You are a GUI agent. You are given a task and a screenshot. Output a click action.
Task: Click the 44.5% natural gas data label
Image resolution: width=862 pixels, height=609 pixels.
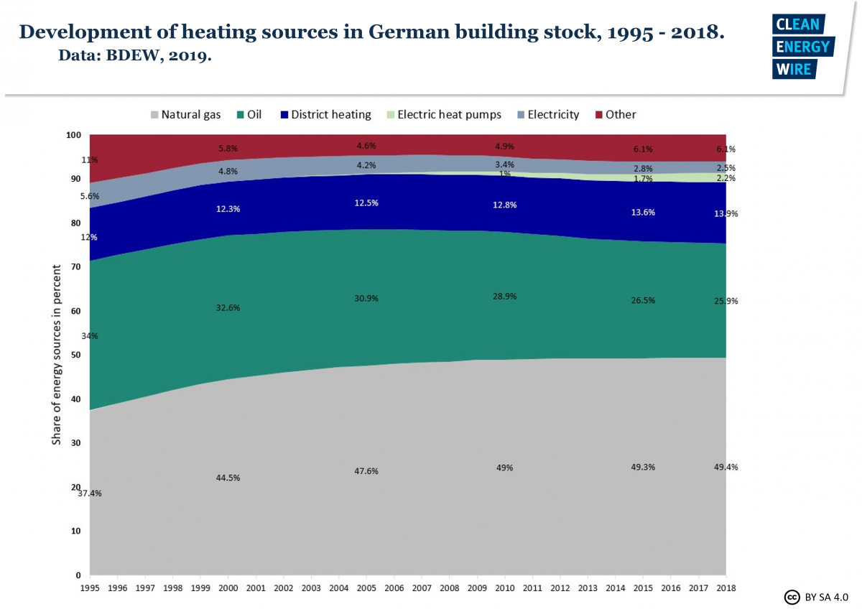pyautogui.click(x=228, y=478)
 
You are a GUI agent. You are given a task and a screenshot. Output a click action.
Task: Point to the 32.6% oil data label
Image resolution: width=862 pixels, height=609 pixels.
pyautogui.click(x=228, y=307)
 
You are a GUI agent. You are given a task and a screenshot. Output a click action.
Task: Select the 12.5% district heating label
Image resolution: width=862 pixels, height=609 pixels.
pyautogui.click(x=366, y=203)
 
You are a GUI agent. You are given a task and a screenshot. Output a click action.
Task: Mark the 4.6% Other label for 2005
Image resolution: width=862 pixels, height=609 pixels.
pyautogui.click(x=366, y=146)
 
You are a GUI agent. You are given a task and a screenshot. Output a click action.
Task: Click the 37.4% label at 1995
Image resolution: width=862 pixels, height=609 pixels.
pyautogui.click(x=90, y=493)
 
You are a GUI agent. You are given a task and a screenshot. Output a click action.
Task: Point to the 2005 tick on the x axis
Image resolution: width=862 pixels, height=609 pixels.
pyautogui.click(x=366, y=587)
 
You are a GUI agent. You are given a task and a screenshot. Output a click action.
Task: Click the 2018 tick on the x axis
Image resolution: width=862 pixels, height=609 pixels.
pyautogui.click(x=726, y=587)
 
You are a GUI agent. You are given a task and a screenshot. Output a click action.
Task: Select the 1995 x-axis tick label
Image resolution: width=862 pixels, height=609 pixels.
pyautogui.click(x=90, y=587)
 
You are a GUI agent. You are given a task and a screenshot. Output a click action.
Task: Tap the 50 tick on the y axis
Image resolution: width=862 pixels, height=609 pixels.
pyautogui.click(x=75, y=355)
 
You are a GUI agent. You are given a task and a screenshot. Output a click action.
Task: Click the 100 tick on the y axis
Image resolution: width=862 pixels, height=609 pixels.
pyautogui.click(x=74, y=134)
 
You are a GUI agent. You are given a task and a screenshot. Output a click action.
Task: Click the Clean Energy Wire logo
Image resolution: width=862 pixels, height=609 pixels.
pyautogui.click(x=801, y=46)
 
